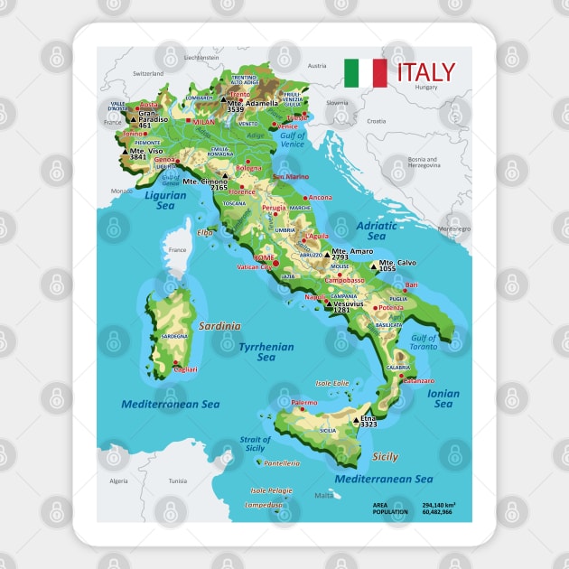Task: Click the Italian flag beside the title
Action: (366, 73)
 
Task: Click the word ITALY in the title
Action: (426, 72)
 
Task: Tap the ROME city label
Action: (264, 257)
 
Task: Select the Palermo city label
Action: (304, 402)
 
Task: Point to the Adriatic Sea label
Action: (377, 229)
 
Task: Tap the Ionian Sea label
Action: (443, 398)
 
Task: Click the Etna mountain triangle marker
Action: (353, 418)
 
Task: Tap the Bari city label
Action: (412, 285)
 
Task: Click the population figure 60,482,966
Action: (438, 512)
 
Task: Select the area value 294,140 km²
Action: (439, 505)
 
